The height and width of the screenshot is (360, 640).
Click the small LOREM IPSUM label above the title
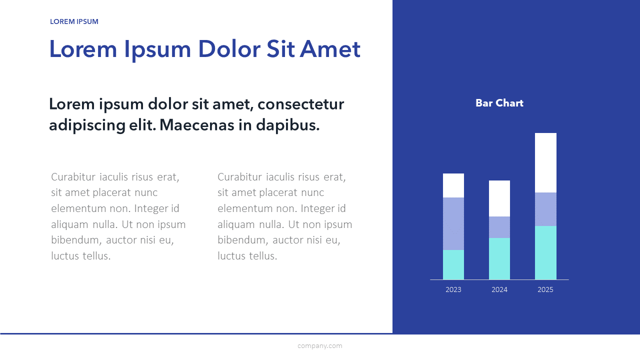pos(74,21)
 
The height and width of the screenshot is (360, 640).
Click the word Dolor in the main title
pos(229,49)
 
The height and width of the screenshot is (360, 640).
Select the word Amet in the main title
pos(330,49)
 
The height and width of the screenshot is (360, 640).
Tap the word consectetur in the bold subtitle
pos(300,104)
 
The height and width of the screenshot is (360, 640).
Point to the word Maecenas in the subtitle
pos(197,125)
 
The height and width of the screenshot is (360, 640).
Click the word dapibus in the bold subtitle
pos(287,125)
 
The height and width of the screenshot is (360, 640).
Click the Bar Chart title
pos(499,103)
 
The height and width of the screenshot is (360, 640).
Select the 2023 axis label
pos(453,289)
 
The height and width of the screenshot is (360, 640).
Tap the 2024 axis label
pos(499,289)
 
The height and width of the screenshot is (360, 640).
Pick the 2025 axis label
pos(545,289)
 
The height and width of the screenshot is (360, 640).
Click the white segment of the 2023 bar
pos(453,185)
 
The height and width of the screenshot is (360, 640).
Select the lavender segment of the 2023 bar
pos(453,223)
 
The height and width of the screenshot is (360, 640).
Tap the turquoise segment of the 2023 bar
pos(453,264)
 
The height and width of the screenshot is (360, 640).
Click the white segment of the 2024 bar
pos(499,198)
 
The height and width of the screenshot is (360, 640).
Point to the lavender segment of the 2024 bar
pos(499,227)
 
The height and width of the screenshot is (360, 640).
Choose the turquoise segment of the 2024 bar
pos(499,258)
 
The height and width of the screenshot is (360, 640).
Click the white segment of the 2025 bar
pos(545,162)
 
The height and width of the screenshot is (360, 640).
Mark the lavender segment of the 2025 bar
pos(545,209)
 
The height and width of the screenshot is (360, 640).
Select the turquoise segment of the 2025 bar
pos(545,252)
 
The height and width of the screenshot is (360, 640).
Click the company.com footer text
pos(319,345)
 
